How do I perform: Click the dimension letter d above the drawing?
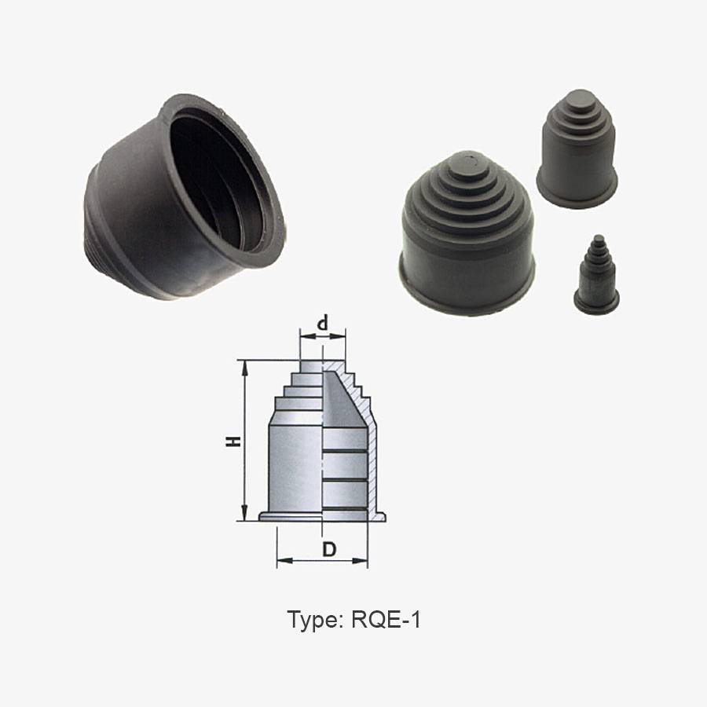[322, 324]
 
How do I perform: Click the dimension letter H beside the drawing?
[233, 441]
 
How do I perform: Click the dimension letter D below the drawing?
[330, 549]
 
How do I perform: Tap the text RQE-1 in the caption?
[386, 620]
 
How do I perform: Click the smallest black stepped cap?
[596, 275]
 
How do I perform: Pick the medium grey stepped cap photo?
[577, 148]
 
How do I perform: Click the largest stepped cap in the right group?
[467, 233]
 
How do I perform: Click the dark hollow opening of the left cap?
[217, 181]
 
